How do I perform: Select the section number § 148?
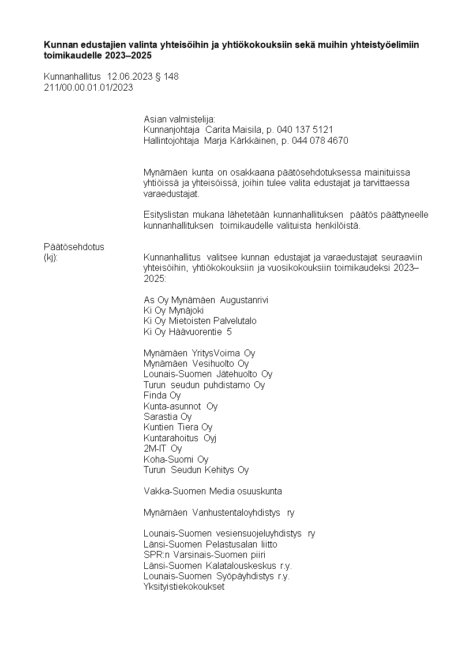[x=167, y=77]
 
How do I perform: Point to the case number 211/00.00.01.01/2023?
[x=88, y=87]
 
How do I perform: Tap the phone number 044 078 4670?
[x=320, y=140]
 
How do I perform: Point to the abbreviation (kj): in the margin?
[x=51, y=257]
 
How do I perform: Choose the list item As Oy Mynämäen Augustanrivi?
[x=206, y=300]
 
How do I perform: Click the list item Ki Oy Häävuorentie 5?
[x=188, y=332]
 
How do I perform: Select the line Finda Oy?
[x=162, y=396]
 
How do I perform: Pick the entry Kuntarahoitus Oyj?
[x=180, y=438]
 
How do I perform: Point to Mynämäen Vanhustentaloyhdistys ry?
[x=219, y=512]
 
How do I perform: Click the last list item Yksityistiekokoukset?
[x=183, y=587]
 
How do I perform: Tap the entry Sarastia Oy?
[x=167, y=416]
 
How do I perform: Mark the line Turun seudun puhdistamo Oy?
[x=204, y=385]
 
